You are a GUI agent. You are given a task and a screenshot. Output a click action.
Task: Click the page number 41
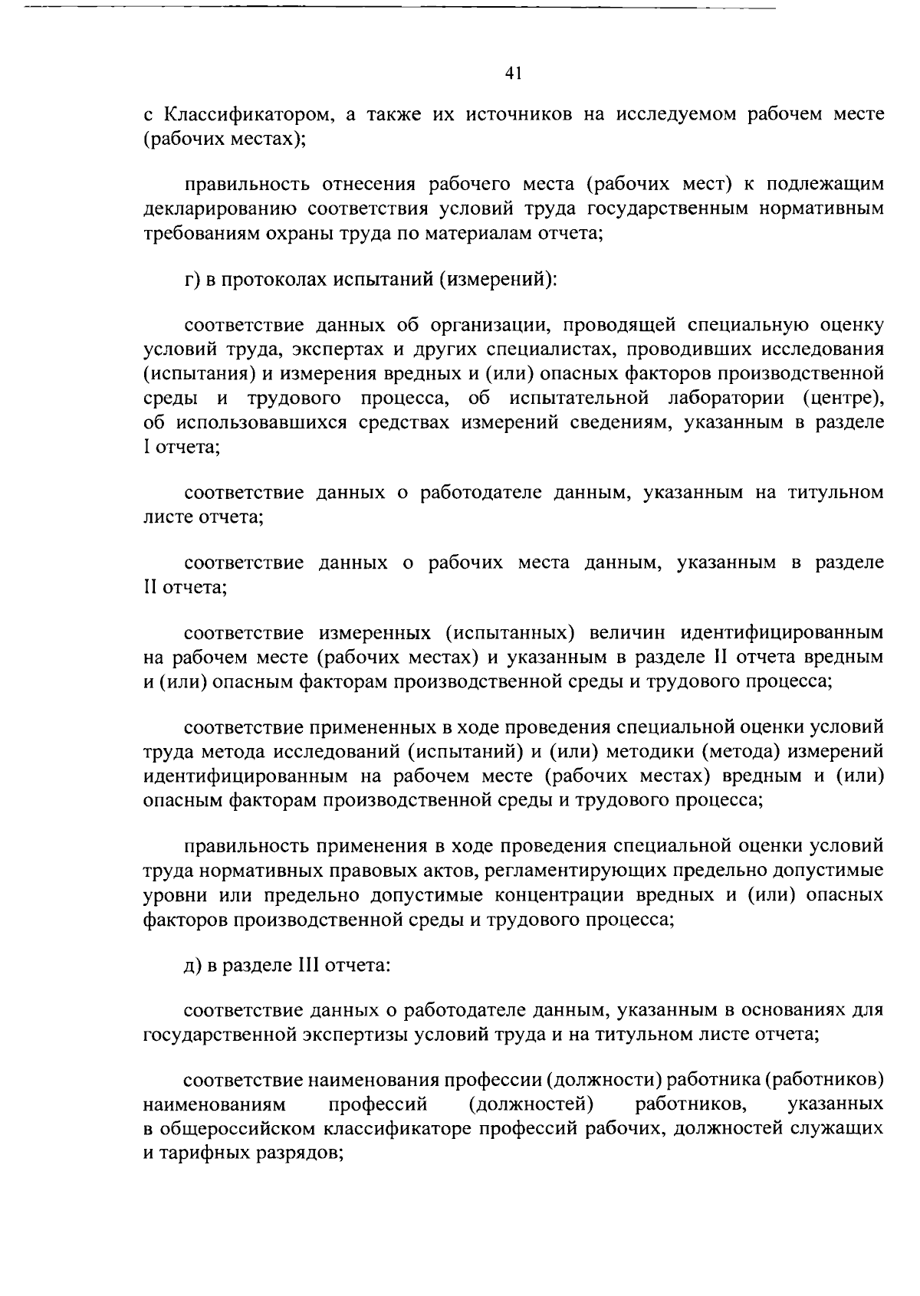[x=513, y=73]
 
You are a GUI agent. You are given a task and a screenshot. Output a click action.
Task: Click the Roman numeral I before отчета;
[x=146, y=447]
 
